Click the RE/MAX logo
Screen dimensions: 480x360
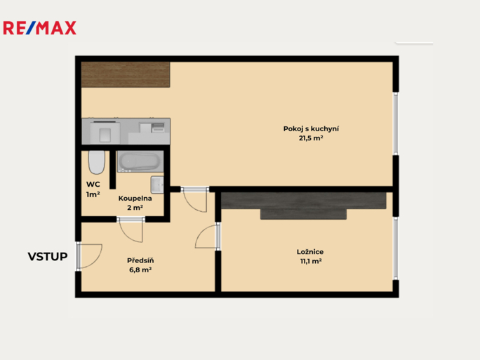click(39, 28)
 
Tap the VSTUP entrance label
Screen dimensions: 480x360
click(48, 257)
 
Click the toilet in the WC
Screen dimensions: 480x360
click(96, 162)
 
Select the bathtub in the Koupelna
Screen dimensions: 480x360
click(140, 161)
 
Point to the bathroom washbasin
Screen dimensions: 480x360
click(157, 185)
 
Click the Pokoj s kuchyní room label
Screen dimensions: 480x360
click(311, 129)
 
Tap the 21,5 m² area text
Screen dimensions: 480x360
click(311, 138)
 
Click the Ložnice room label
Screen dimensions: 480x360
click(310, 252)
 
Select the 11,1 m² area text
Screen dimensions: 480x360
click(311, 261)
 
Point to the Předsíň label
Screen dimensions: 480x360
click(140, 260)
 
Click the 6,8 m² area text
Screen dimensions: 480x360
click(140, 269)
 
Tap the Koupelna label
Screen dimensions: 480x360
click(135, 199)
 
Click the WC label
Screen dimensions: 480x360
click(93, 185)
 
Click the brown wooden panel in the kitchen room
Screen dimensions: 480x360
click(126, 74)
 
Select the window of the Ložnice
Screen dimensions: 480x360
click(396, 248)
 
